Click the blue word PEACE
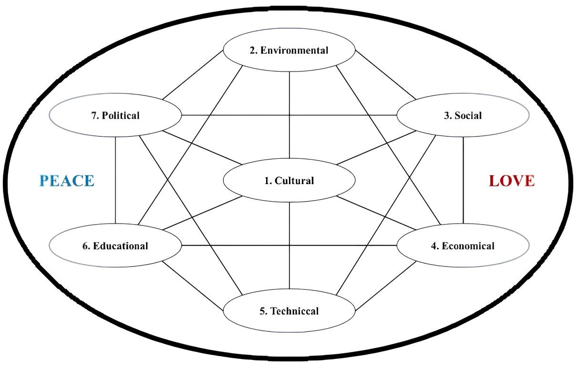point(67,181)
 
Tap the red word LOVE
point(512,181)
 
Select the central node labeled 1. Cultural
point(289,180)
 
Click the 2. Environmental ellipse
point(289,50)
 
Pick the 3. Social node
point(463,115)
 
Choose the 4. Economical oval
point(463,246)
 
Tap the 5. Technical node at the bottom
point(289,311)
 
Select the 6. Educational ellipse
point(115,246)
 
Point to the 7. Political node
point(115,115)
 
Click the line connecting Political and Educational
point(115,180)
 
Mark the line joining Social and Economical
point(463,180)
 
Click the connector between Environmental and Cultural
point(289,115)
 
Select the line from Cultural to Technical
point(289,246)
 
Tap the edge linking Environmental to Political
point(193,75)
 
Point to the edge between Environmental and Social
point(385,75)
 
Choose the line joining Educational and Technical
point(193,286)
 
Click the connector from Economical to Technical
point(386,286)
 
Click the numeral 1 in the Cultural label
point(267,181)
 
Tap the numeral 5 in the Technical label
point(262,311)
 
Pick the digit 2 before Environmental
point(252,51)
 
